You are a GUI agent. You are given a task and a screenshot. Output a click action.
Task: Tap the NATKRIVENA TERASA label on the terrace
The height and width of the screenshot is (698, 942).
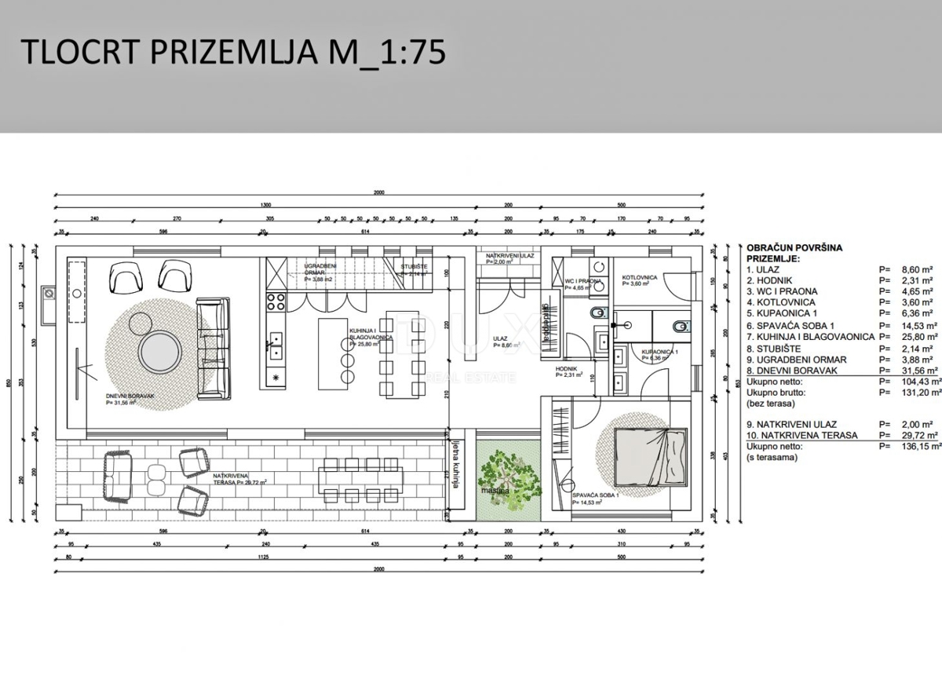click(x=239, y=479)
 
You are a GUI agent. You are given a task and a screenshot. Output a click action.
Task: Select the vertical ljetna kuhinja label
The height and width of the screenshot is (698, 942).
click(x=455, y=464)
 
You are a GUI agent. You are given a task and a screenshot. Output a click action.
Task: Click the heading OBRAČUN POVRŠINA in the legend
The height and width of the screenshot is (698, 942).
click(x=794, y=247)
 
